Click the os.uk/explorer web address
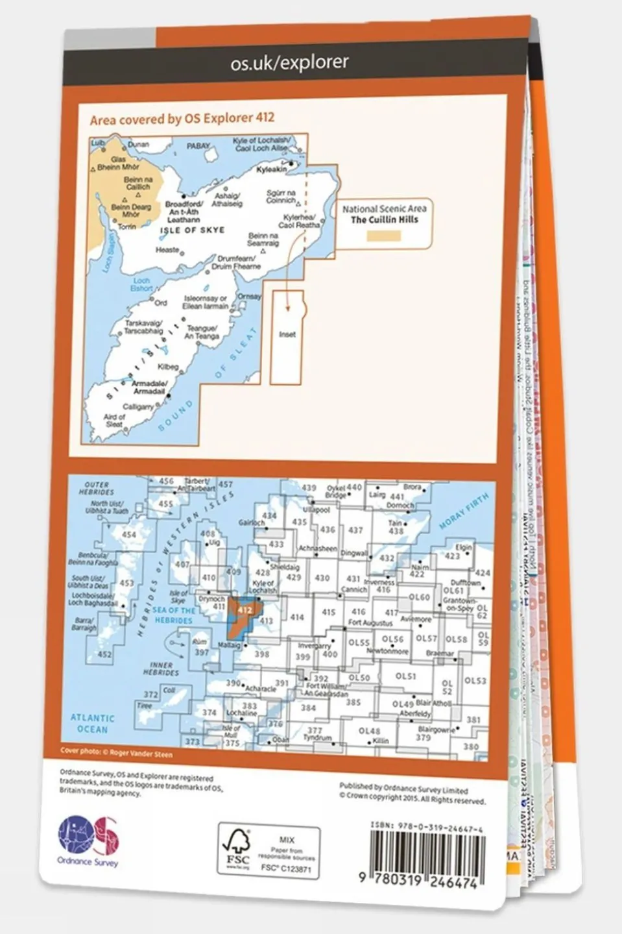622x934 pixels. pos(289,63)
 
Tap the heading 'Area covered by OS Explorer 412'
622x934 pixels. pos(182,119)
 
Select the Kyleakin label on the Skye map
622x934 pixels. pos(271,169)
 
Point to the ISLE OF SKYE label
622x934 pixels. pos(192,230)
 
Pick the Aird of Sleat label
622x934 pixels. pos(114,421)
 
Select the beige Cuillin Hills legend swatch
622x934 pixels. pos(384,236)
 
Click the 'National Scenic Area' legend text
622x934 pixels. pos(384,209)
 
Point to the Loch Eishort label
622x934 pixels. pos(141,284)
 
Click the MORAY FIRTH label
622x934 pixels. pos(464,513)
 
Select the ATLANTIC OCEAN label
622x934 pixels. pos(92,724)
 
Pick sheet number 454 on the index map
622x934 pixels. pos(128,535)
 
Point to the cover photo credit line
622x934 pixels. pos(116,755)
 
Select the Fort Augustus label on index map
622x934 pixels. pos(370,622)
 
